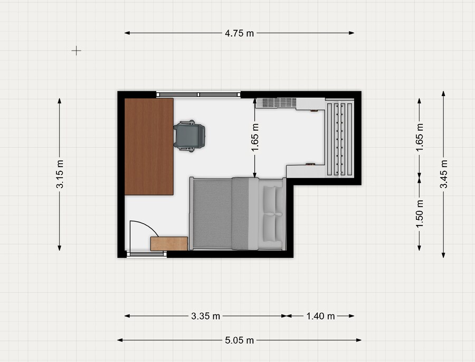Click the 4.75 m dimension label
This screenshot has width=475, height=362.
pos(239,33)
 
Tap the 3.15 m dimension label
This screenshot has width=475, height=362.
pos(60,174)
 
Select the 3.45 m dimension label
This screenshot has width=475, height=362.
pos(444,174)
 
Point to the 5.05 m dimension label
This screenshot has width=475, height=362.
pos(239,340)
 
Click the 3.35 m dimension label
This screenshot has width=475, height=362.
pos(205,316)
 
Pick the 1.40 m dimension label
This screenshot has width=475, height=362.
pos(320,316)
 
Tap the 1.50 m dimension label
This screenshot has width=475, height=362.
pos(420,214)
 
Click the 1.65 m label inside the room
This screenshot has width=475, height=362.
pos(255,137)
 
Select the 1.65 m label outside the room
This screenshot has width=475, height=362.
pos(420,137)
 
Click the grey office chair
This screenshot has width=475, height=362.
pos(189,136)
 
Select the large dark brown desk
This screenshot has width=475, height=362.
pos(149,146)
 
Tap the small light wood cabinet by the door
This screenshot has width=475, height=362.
pos(169,244)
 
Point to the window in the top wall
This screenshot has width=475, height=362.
pos(198,95)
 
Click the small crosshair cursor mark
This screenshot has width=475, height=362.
pos(77,51)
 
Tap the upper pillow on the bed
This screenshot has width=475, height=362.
pos(270,199)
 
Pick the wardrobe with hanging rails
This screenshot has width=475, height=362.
pos(339,138)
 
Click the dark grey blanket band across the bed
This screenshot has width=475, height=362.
pos(240,214)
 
